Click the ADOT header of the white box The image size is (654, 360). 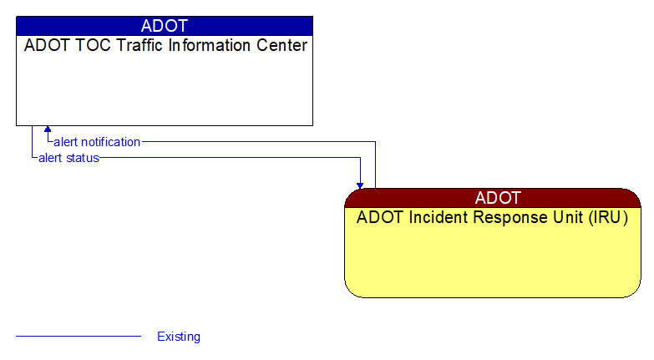[165, 25]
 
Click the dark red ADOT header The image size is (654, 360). [493, 198]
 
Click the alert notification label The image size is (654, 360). [97, 142]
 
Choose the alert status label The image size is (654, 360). [68, 157]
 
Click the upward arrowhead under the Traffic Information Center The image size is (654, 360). [48, 130]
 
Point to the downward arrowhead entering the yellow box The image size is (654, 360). [360, 184]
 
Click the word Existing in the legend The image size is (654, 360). [179, 337]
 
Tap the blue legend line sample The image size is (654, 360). [79, 337]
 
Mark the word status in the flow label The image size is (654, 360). [82, 157]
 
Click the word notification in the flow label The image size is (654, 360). [110, 142]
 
